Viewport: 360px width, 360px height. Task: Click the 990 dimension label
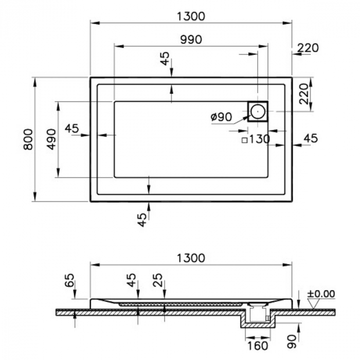[x=191, y=40]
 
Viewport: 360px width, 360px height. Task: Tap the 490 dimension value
[x=51, y=139]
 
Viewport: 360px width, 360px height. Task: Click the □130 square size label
[x=256, y=139]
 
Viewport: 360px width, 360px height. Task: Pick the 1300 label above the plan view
[x=191, y=16]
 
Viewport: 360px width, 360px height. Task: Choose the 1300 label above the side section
[x=191, y=258]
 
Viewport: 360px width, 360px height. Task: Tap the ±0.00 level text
[x=321, y=294]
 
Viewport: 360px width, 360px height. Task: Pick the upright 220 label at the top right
[x=308, y=48]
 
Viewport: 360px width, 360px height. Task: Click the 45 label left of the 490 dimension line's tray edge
[x=72, y=129]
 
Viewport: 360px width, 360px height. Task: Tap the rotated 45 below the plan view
[x=143, y=220]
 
